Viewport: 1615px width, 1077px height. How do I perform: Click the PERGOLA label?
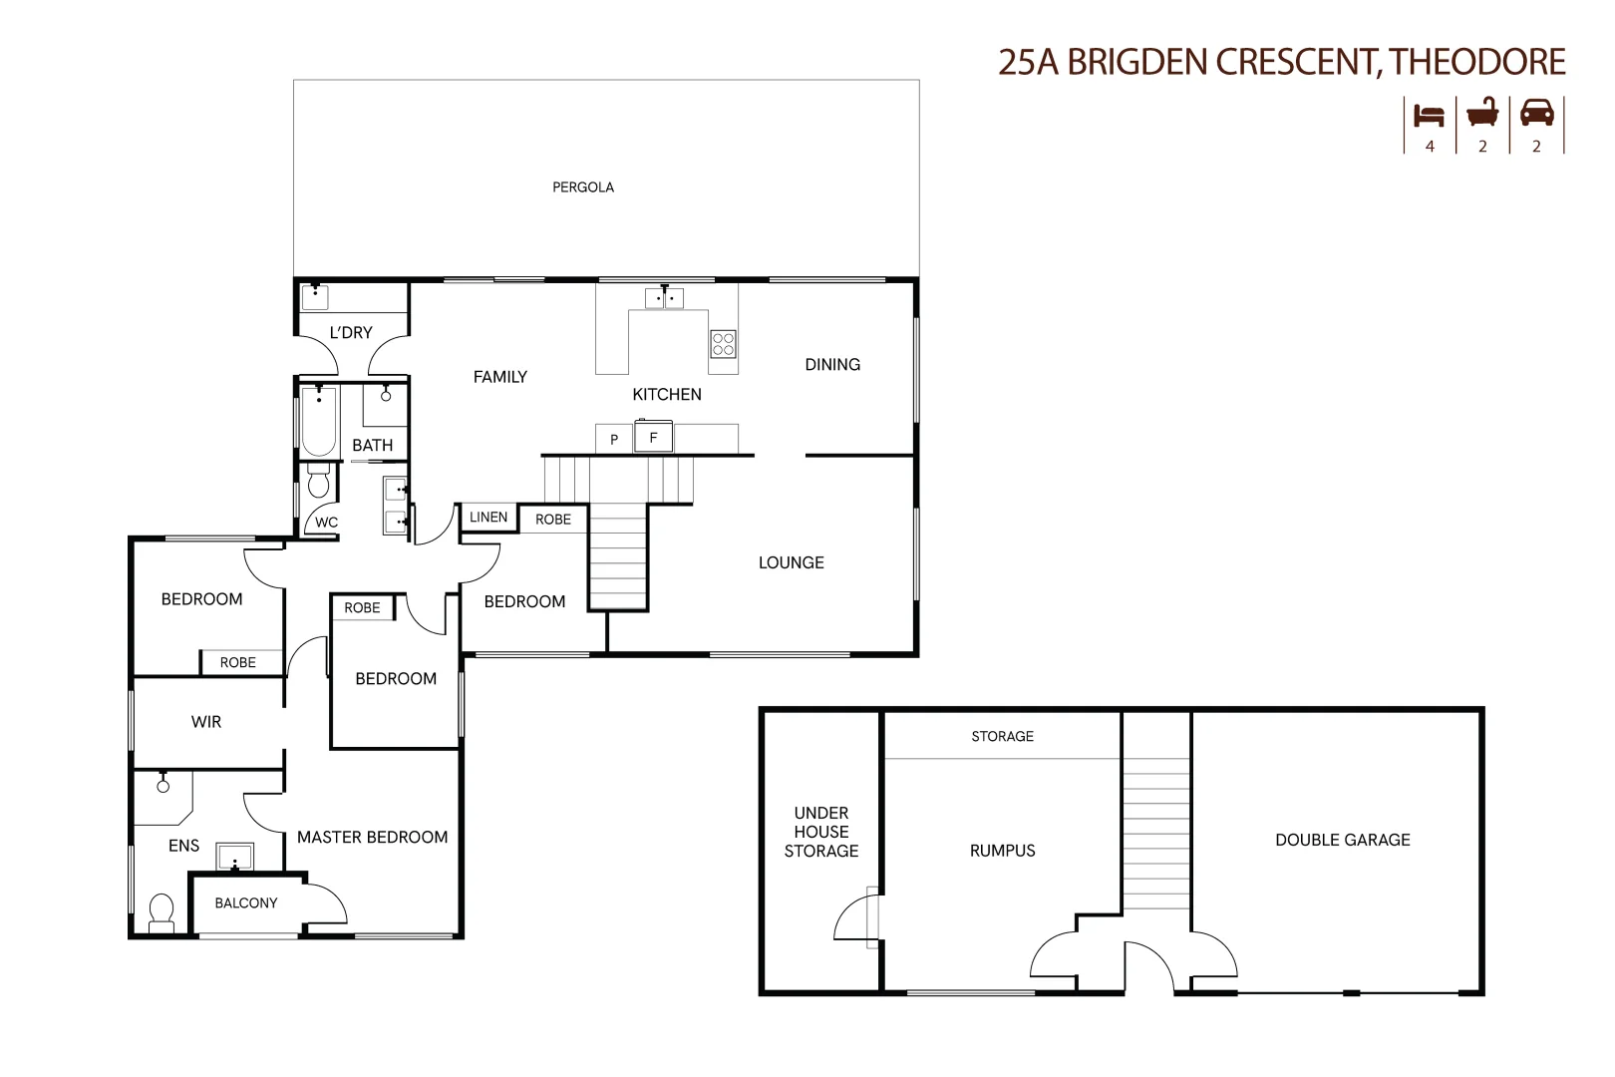coord(583,187)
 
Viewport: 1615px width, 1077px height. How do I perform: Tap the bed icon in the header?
coord(1429,115)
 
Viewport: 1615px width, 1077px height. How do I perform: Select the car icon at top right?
coord(1536,112)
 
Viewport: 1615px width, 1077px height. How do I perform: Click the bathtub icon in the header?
coord(1482,113)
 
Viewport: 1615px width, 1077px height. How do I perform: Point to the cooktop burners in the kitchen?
coord(723,344)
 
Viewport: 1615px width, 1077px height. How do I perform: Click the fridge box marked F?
coord(654,437)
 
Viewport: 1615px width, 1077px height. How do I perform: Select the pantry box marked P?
coord(614,440)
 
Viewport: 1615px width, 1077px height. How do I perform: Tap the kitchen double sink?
coord(664,297)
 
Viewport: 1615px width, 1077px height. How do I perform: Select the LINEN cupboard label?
coord(488,517)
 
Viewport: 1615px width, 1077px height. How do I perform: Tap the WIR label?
coord(206,722)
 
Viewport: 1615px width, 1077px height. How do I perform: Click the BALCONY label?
coord(246,903)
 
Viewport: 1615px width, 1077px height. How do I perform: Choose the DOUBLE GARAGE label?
coord(1342,840)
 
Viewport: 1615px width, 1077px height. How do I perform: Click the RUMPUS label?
coord(1002,851)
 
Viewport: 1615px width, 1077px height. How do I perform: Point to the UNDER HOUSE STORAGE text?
coord(820,832)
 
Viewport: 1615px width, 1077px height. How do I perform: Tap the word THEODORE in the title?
coord(1477,62)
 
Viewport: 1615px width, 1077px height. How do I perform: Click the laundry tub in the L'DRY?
coord(315,296)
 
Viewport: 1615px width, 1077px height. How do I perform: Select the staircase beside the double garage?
coord(1156,834)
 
